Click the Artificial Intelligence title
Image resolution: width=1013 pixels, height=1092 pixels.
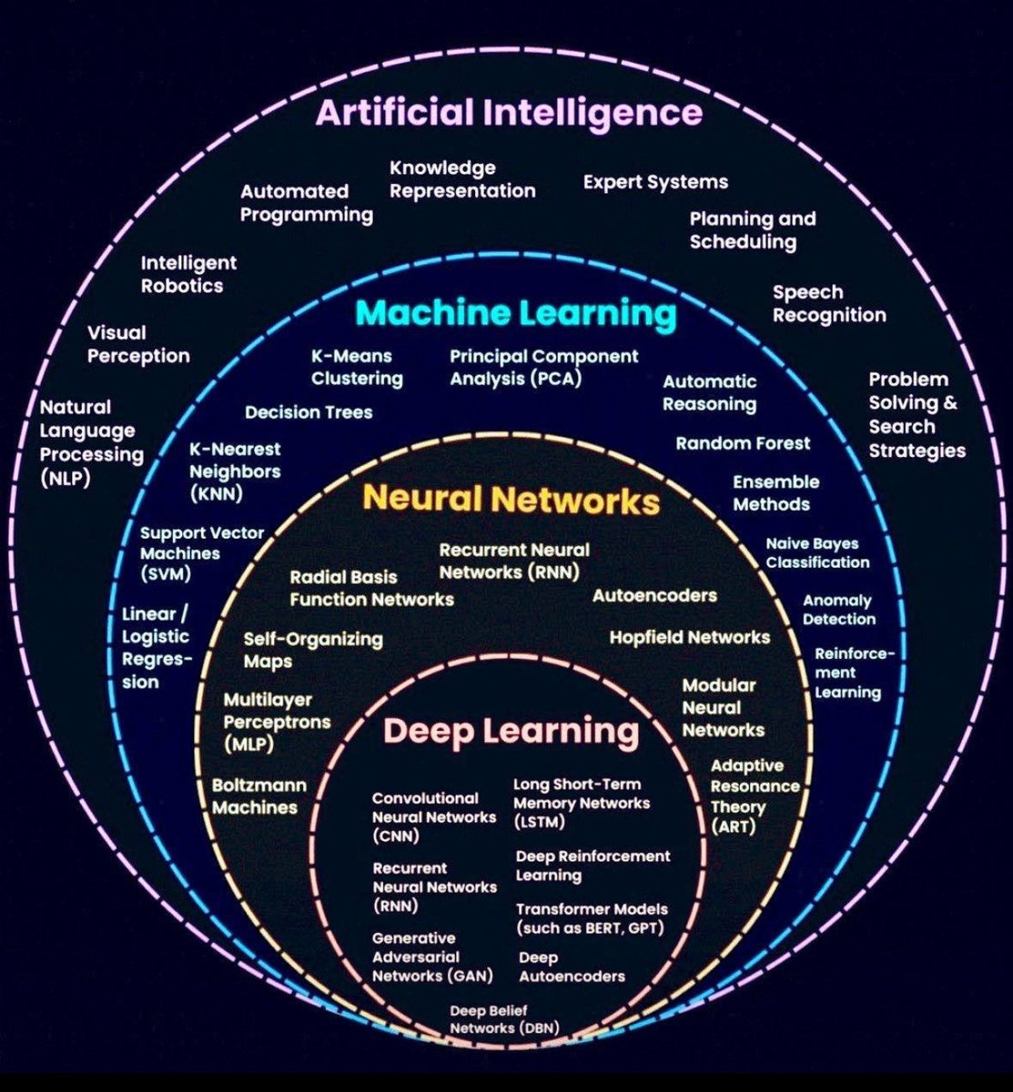[x=509, y=114]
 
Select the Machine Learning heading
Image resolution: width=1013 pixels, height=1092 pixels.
[x=515, y=314]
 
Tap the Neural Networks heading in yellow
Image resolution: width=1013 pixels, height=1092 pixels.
[x=511, y=500]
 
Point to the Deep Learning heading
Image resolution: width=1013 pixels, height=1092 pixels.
[x=512, y=731]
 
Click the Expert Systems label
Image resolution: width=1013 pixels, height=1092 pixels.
[x=655, y=182]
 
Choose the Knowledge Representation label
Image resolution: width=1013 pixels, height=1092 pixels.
[x=462, y=179]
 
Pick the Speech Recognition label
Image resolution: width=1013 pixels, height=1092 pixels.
[x=829, y=304]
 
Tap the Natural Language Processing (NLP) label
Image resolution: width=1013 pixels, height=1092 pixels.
[x=92, y=442]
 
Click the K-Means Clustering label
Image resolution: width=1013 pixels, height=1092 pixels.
[x=357, y=368]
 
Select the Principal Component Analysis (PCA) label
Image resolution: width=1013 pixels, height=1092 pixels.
[x=543, y=367]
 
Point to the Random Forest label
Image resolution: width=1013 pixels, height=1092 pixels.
[x=743, y=443]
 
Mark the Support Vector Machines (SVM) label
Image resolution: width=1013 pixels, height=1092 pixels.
[x=201, y=553]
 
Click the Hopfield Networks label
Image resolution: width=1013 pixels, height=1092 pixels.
[x=689, y=637]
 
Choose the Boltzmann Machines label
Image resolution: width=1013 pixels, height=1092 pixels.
[x=258, y=796]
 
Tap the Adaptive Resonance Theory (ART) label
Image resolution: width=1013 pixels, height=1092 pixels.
[x=755, y=796]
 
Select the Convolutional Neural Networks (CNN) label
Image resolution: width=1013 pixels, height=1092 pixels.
[x=433, y=816]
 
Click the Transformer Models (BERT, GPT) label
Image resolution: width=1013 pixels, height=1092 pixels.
[x=591, y=918]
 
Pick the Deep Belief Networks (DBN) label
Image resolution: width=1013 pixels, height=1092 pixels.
[x=503, y=1019]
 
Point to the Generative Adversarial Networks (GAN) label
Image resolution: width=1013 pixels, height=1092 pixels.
[x=431, y=956]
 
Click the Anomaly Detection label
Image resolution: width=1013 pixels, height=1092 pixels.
[x=838, y=610]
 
